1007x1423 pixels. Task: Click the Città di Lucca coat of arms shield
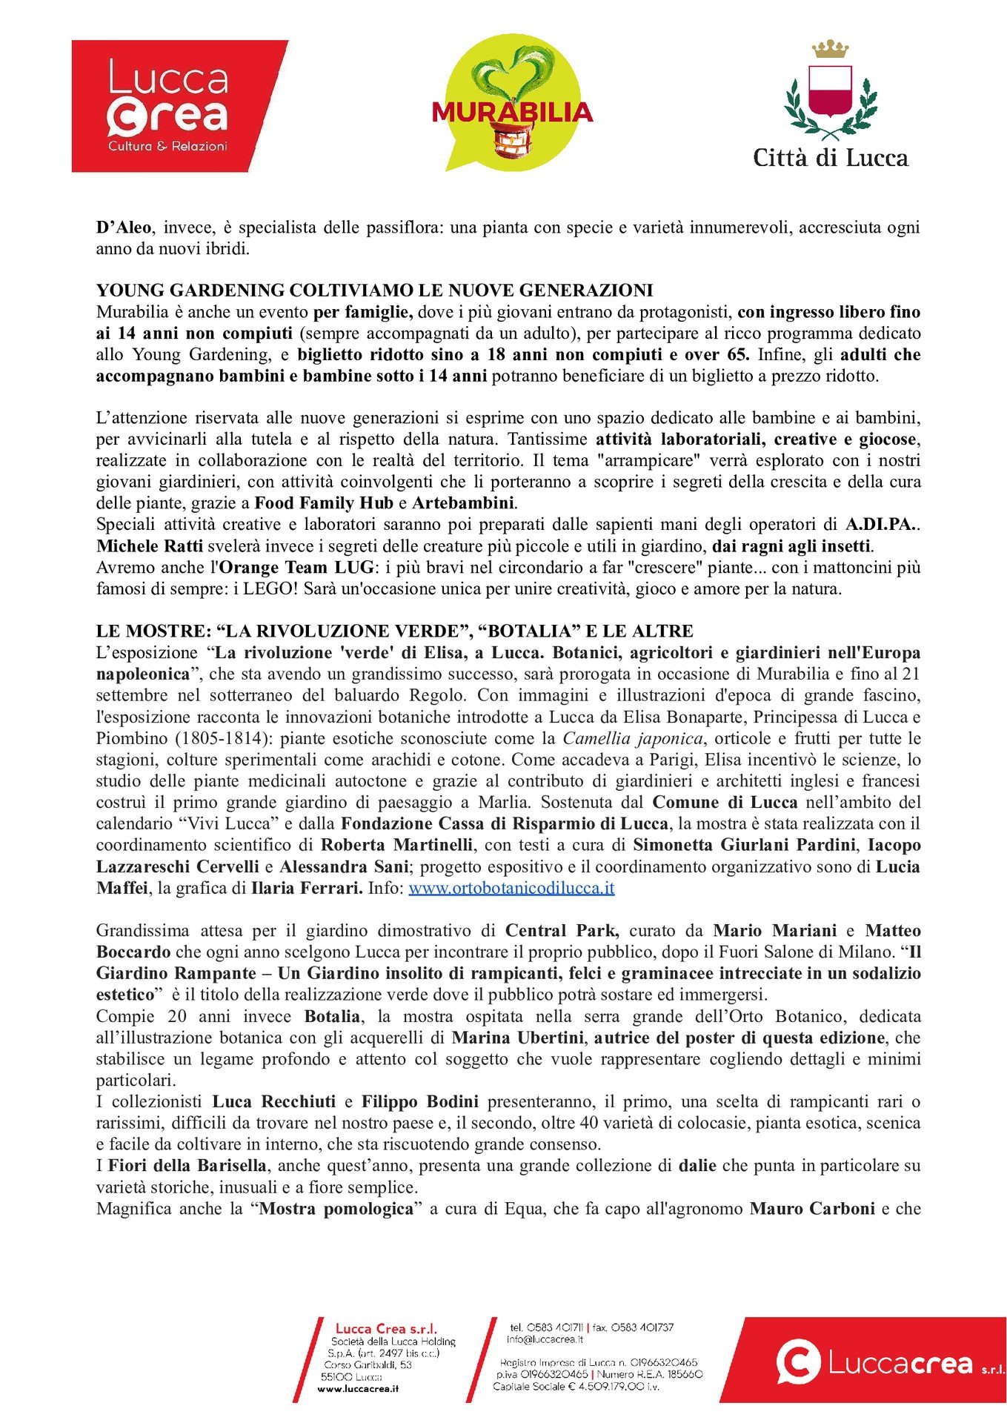pyautogui.click(x=830, y=90)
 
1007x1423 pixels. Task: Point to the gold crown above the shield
pyautogui.click(x=830, y=49)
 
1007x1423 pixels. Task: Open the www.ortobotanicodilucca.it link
pyautogui.click(x=511, y=888)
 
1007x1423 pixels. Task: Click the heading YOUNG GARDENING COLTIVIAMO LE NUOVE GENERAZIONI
pyautogui.click(x=374, y=290)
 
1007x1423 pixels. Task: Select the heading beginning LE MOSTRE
pyautogui.click(x=394, y=631)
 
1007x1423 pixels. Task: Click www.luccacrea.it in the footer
pyautogui.click(x=358, y=1388)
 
